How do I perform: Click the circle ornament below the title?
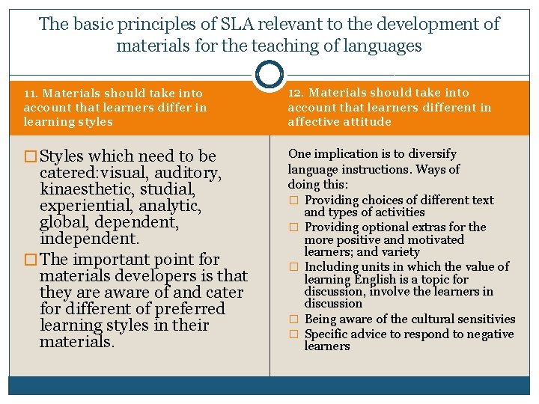pyautogui.click(x=269, y=75)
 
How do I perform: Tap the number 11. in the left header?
pyautogui.click(x=31, y=94)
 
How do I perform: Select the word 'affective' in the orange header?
pyautogui.click(x=313, y=121)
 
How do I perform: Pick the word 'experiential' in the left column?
pyautogui.click(x=82, y=205)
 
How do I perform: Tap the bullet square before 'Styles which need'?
pyautogui.click(x=31, y=156)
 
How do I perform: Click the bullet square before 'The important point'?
pyautogui.click(x=31, y=260)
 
